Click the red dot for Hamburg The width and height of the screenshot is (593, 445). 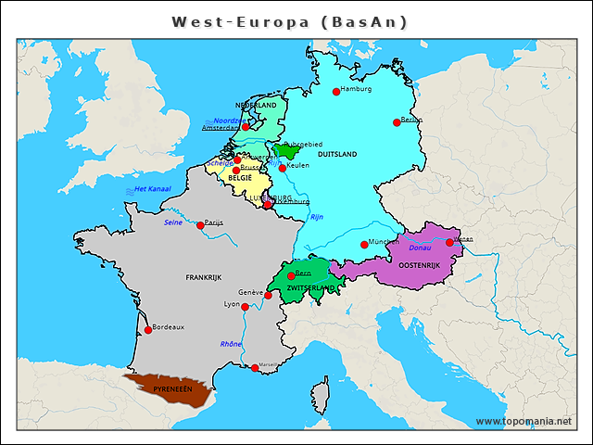(336, 92)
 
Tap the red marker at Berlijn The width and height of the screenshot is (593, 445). (397, 122)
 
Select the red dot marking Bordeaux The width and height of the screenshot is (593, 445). (148, 330)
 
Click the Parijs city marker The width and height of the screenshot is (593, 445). (200, 225)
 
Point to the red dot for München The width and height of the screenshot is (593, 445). (364, 246)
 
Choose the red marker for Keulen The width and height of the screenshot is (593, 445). (283, 168)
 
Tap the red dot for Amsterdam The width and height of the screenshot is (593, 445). (246, 127)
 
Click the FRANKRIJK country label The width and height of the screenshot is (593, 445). (204, 277)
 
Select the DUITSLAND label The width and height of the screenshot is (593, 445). (338, 156)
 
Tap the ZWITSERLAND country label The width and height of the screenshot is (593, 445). (309, 288)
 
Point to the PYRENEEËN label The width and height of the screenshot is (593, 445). (172, 389)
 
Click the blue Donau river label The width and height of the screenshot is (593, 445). (420, 248)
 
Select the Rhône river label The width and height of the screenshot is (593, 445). (231, 344)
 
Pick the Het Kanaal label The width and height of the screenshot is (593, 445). (152, 189)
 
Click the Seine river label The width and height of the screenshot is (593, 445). (173, 222)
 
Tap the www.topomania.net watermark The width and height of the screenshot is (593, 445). (524, 422)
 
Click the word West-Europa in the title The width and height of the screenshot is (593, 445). (241, 21)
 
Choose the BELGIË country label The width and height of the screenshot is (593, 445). (240, 177)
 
